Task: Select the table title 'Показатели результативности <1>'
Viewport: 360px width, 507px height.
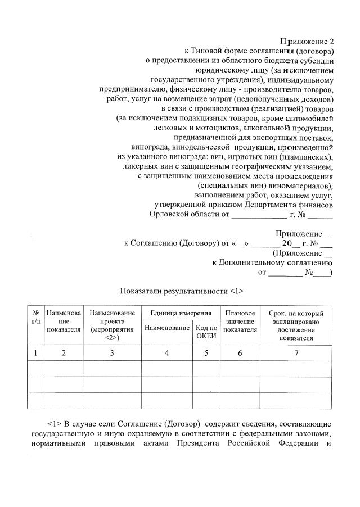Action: (181, 291)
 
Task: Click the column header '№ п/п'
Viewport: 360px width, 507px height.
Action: (35, 316)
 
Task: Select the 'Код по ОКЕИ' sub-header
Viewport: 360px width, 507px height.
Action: (206, 332)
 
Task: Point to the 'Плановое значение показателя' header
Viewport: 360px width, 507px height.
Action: (240, 321)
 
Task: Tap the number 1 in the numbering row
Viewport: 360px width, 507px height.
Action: (35, 353)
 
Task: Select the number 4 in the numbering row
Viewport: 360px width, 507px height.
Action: (166, 353)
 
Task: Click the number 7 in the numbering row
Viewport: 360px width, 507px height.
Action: (296, 353)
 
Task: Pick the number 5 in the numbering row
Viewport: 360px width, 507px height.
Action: (206, 353)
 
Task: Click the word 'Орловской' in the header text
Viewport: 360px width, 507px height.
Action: (169, 214)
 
